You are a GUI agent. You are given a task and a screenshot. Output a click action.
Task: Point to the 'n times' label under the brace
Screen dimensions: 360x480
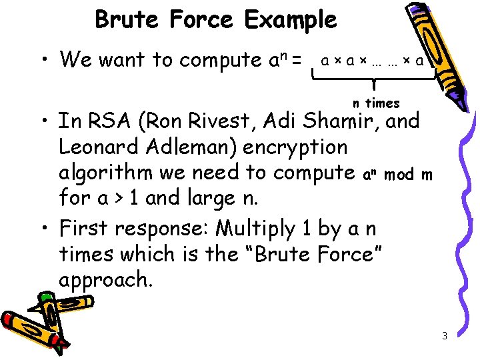376,103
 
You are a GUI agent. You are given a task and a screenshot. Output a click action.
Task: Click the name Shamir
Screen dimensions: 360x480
340,122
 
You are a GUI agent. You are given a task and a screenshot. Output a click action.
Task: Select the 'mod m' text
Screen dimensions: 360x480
409,175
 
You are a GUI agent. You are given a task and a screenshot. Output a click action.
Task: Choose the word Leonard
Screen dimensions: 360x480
102,147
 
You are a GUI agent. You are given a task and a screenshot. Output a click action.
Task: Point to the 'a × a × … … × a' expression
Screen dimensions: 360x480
372,61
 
